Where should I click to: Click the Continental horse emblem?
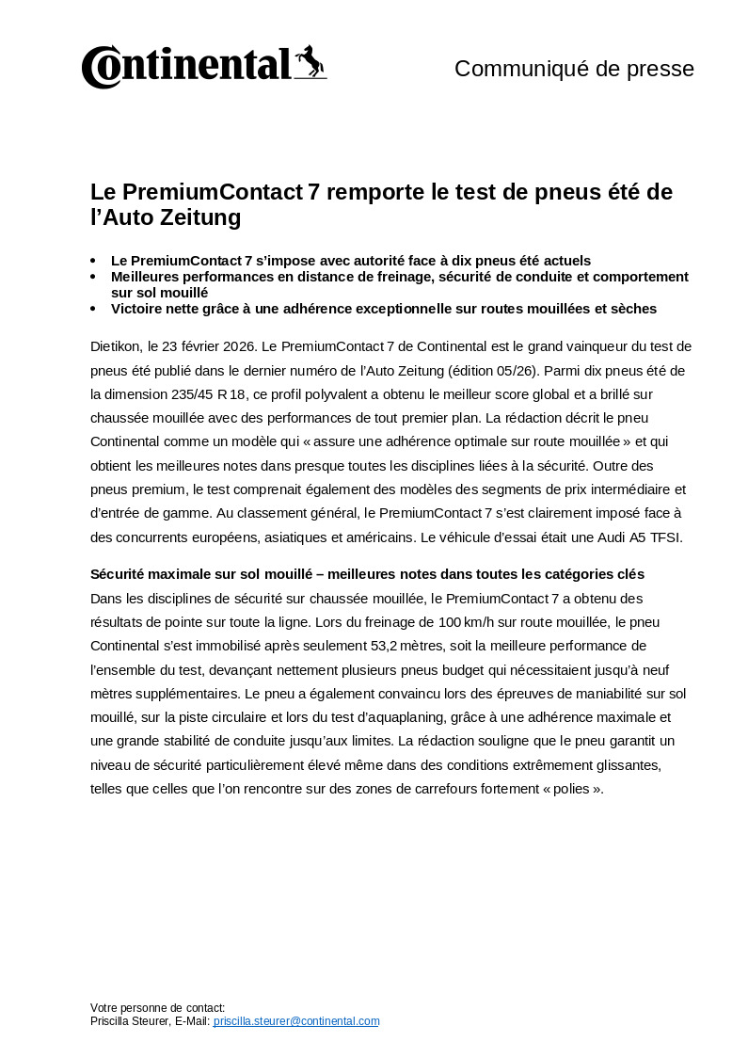(x=310, y=62)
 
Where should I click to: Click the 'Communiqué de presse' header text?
(x=574, y=69)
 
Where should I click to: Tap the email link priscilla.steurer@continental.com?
(x=296, y=1020)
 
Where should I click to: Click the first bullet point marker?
(x=93, y=261)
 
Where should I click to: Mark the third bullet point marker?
(x=93, y=309)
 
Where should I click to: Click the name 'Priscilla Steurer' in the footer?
(x=131, y=1020)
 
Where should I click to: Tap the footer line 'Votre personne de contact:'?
(x=157, y=1007)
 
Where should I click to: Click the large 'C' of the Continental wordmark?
(x=101, y=67)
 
